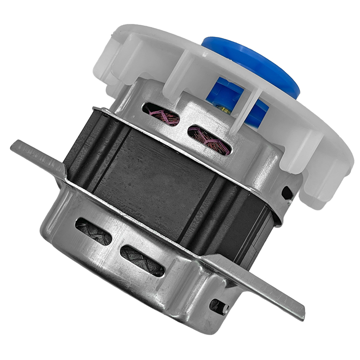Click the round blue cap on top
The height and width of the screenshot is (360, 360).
point(252,63)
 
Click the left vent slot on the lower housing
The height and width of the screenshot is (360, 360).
point(94,231)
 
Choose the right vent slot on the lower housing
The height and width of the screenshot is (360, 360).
point(143,260)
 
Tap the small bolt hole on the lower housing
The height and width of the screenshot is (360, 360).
point(219,306)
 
